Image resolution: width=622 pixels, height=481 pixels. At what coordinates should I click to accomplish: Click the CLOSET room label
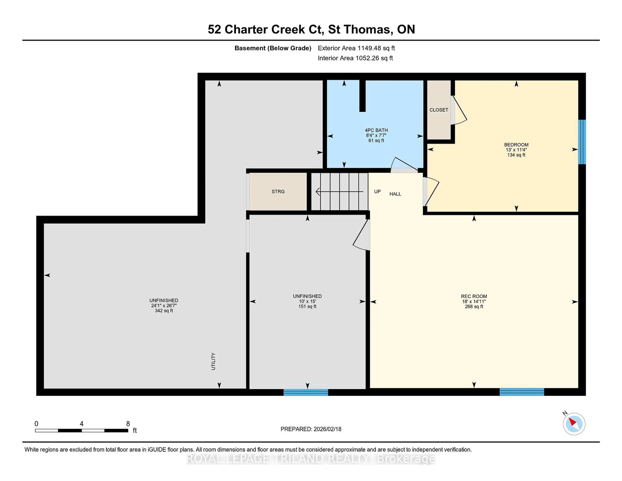(439, 110)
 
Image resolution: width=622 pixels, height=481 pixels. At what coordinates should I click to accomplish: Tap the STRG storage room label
(278, 192)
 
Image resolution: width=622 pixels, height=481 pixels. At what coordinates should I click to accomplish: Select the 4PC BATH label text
(376, 130)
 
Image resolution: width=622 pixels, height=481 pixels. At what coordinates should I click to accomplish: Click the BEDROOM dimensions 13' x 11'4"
(516, 150)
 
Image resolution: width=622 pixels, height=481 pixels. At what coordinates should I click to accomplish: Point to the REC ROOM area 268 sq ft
(474, 307)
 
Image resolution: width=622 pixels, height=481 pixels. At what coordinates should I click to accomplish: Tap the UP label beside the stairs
(377, 192)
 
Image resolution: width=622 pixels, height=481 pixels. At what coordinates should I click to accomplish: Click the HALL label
(395, 194)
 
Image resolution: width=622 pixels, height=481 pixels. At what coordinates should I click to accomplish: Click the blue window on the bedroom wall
(582, 142)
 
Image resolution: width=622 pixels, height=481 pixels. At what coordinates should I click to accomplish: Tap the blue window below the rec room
(522, 392)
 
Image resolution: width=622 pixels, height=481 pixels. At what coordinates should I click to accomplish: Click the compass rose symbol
(574, 424)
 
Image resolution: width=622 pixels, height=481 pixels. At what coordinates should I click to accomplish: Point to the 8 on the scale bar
(128, 424)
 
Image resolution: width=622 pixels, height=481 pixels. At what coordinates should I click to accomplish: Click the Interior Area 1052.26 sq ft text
(355, 58)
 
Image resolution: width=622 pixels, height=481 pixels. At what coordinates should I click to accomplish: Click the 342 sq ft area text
(164, 311)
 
